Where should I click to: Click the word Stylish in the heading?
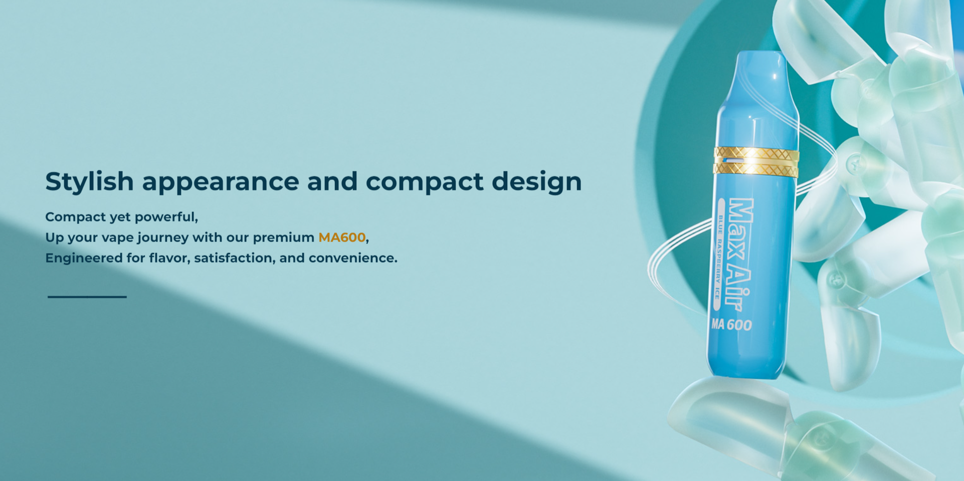tap(89, 182)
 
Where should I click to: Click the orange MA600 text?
tap(342, 237)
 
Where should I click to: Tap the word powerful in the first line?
tap(166, 217)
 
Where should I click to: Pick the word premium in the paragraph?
tap(283, 238)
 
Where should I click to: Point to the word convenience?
tap(353, 258)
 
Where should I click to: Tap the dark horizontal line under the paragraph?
tap(87, 297)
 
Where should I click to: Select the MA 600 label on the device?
tap(731, 325)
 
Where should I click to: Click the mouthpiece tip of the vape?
tap(760, 56)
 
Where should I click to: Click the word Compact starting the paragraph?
tap(75, 217)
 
